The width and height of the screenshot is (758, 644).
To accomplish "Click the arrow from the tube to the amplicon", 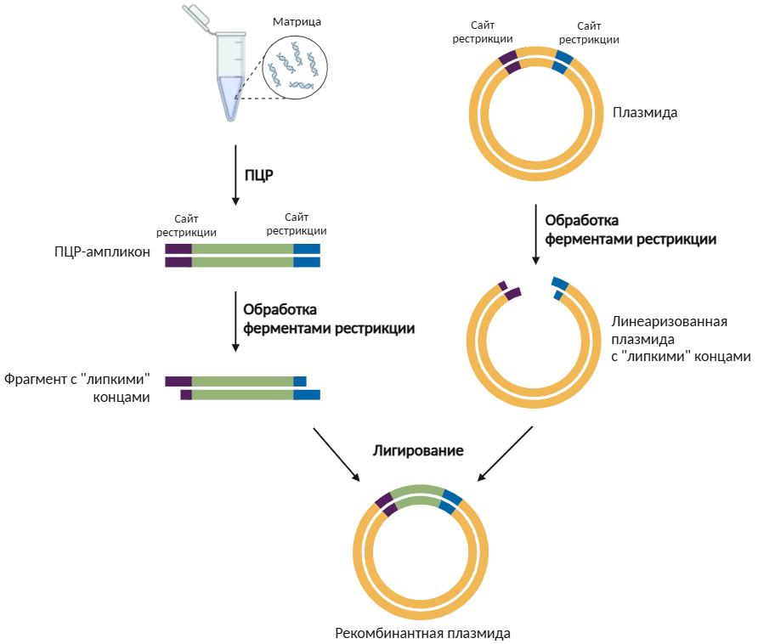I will [x=235, y=175].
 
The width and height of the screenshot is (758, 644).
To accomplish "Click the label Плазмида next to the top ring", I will [x=645, y=112].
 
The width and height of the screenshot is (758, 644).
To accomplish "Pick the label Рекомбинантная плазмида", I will [x=422, y=633].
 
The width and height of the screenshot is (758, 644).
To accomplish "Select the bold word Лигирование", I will [x=418, y=450].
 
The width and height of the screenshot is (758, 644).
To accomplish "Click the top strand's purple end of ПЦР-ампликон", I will [x=178, y=248].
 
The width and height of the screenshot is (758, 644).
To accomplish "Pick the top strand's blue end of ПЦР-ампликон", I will [x=307, y=248].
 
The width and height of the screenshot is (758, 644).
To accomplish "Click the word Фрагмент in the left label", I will [x=34, y=379].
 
